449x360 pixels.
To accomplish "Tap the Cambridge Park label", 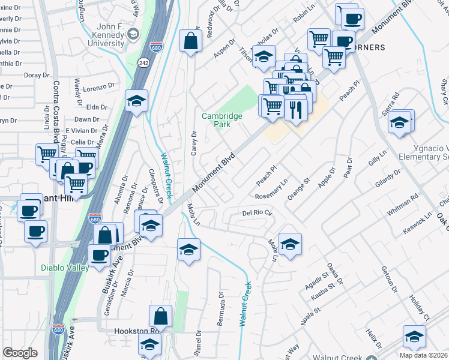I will (x=222, y=120).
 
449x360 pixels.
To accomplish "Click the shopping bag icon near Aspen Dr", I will (x=191, y=42).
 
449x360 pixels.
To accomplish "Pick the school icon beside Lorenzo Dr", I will (x=137, y=102).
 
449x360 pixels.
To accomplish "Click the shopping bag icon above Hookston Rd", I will (x=161, y=316).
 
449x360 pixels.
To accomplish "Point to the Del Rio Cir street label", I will (x=258, y=212).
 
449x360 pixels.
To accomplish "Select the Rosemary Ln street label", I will (x=272, y=189).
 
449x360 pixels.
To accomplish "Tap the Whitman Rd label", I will (x=406, y=205).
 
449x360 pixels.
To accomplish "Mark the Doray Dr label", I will (x=36, y=75).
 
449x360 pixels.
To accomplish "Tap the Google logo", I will (x=20, y=353).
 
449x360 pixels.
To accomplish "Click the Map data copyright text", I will (x=421, y=353).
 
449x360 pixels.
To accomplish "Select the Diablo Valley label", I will (x=65, y=268).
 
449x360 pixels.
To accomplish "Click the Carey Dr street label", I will (x=194, y=142).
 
